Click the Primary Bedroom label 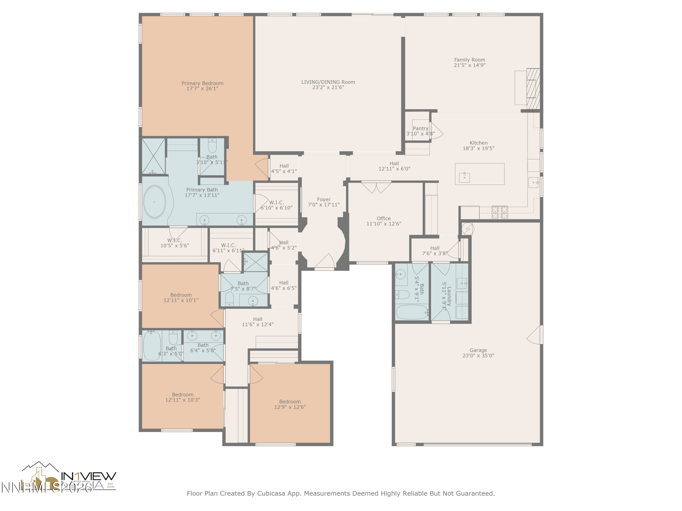point(202,83)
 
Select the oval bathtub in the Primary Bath point(154,202)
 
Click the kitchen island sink point(464,177)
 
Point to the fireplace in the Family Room point(533,88)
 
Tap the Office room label point(384,218)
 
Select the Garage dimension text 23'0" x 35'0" point(478,355)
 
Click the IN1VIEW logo point(88,476)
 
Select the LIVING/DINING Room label point(328,82)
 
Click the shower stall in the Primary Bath point(153,156)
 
